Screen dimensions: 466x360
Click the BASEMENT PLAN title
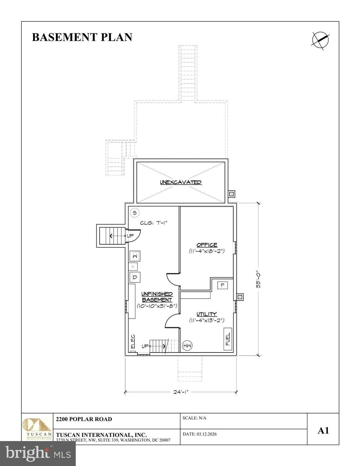[x=82, y=37]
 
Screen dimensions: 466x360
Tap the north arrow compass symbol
[x=321, y=40]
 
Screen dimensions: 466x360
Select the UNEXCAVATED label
[x=181, y=182]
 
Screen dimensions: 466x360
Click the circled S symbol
[x=135, y=213]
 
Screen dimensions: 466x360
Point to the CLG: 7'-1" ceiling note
[x=154, y=223]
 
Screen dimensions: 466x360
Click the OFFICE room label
[x=207, y=245]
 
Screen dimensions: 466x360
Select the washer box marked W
[x=135, y=256]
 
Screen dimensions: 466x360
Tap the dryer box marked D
[x=135, y=277]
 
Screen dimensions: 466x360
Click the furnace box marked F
[x=222, y=285]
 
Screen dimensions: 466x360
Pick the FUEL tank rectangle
[x=228, y=339]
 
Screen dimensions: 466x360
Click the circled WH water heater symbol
[x=187, y=346]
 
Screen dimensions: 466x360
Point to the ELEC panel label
[x=133, y=342]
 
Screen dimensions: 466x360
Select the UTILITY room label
[x=207, y=314]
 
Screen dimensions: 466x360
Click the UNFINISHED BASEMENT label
[x=157, y=297]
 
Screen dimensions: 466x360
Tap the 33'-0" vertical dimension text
[x=258, y=279]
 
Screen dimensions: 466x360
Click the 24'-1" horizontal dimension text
[x=181, y=392]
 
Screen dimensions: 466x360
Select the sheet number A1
[x=323, y=431]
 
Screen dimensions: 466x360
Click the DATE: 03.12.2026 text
[x=200, y=434]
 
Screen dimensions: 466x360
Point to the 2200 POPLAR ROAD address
[x=84, y=419]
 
